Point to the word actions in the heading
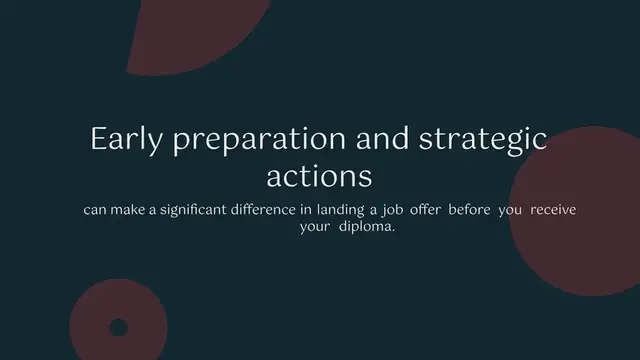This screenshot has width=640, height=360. point(319,176)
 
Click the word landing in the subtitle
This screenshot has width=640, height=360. point(373,210)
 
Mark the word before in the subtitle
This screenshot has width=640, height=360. point(508,210)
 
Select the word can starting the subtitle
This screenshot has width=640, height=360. point(95,210)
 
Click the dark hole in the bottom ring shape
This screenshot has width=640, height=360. point(118,327)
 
